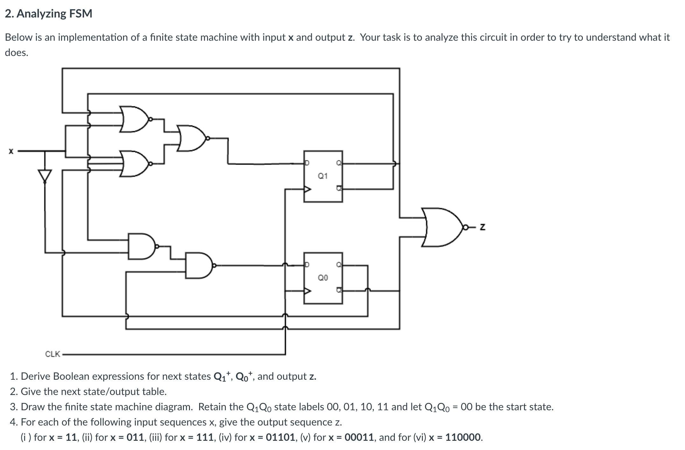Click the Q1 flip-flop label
pos(323,176)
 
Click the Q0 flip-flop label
pos(323,278)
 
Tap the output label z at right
pos(482,227)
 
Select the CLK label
pos(52,354)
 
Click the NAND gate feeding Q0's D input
pos(198,265)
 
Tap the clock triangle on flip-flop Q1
pos(307,189)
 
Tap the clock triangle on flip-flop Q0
pos(307,291)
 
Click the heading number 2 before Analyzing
pos(9,13)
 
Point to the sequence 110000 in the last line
pos(463,437)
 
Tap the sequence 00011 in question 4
pos(359,437)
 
